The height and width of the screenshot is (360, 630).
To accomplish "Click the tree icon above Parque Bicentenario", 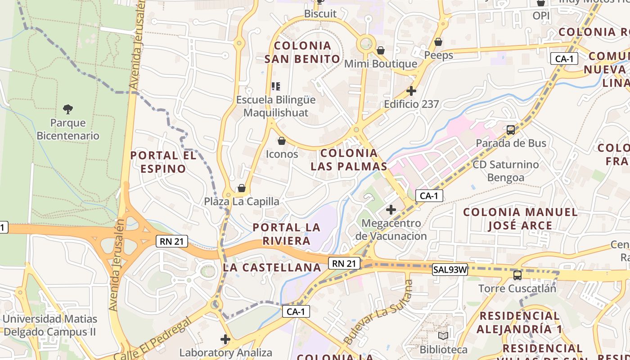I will (68, 109).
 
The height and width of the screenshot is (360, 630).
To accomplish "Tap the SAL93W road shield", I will (450, 270).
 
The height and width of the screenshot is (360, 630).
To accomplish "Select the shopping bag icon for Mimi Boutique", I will (381, 50).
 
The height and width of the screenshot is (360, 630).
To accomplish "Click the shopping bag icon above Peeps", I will (438, 42).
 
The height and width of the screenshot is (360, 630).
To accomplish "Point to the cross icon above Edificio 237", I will (411, 91).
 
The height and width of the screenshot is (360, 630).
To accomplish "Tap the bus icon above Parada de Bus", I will (511, 130).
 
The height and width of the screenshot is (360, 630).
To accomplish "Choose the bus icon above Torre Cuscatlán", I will (517, 275).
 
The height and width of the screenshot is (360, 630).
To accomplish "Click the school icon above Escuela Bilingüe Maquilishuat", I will (276, 86).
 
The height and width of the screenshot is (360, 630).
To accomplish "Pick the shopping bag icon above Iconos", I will (282, 141).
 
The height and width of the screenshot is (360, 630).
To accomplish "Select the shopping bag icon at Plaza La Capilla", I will (242, 188).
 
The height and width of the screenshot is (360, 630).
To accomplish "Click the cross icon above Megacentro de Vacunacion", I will (391, 209).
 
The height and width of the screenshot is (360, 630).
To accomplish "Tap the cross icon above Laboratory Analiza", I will (225, 339).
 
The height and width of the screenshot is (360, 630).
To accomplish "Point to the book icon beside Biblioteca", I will (443, 336).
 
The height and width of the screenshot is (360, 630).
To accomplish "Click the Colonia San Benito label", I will (302, 52).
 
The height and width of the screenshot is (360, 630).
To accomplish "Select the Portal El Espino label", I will (163, 162).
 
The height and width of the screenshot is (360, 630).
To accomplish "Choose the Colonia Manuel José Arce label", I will (520, 218).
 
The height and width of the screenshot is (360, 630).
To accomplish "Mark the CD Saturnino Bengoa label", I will (505, 171).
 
